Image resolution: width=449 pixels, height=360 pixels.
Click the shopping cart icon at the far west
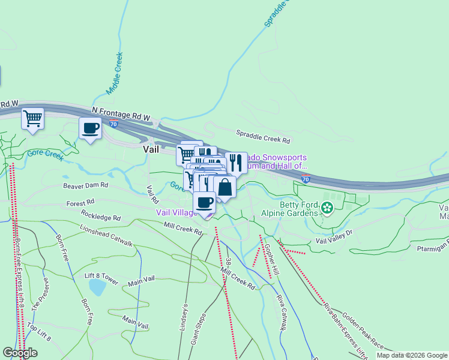[x=32, y=118]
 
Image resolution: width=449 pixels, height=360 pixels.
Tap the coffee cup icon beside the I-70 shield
[x=91, y=128]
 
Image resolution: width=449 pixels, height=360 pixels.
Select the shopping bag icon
[x=224, y=187]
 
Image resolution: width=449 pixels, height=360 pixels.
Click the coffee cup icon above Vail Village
[x=204, y=203]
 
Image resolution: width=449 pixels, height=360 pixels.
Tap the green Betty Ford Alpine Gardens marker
[x=327, y=208]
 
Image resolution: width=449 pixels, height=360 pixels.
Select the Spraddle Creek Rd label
[x=263, y=137]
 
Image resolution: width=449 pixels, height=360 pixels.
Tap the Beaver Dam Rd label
[x=85, y=185]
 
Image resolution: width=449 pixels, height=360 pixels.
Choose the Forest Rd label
[x=80, y=203]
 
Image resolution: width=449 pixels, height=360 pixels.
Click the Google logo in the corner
[x=20, y=353]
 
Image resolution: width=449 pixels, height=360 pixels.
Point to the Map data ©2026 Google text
[x=411, y=355]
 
